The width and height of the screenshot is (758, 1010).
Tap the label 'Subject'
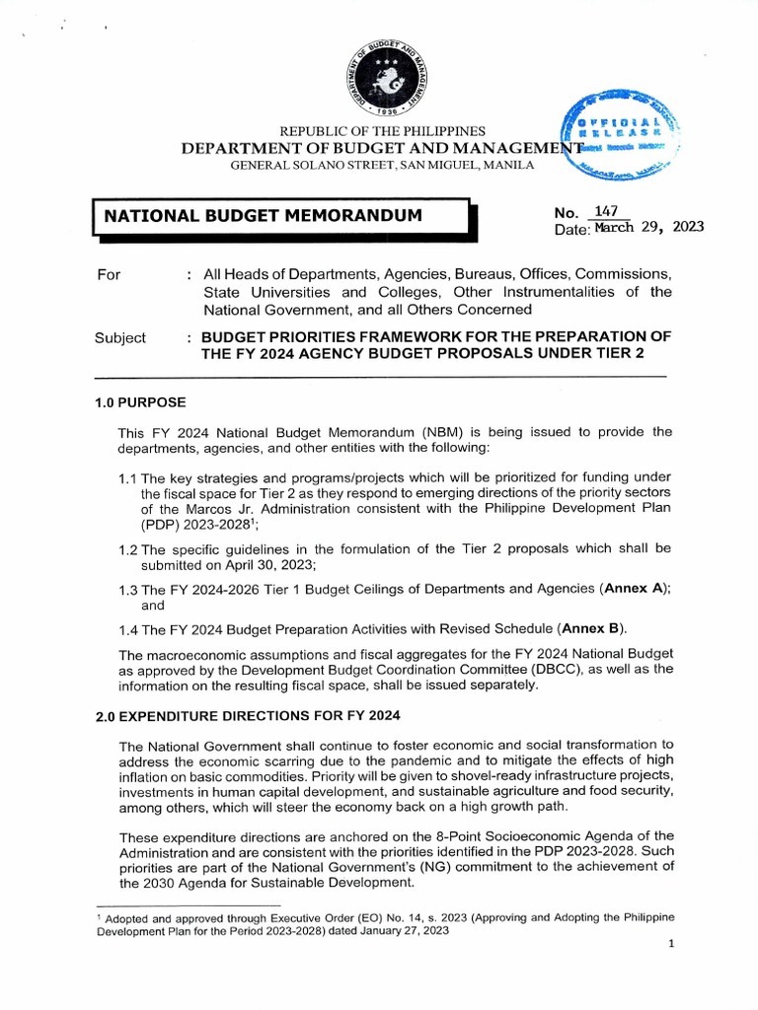120,337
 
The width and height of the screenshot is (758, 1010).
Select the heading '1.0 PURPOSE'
140,402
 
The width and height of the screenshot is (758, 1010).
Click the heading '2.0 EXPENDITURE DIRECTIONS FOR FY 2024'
247,715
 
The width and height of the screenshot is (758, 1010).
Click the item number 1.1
128,479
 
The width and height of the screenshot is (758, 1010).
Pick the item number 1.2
128,548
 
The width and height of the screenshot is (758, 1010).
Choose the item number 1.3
128,589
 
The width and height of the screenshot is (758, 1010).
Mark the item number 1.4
128,629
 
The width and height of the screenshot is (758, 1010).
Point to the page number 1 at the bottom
671,944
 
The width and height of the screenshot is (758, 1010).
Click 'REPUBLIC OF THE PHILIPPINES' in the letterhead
383,131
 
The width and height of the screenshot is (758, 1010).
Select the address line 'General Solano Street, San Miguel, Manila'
382,165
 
